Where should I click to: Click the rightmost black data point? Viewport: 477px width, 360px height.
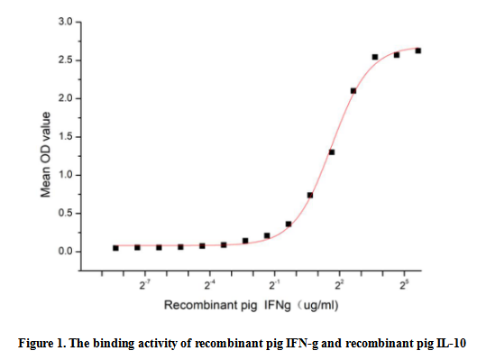coord(418,51)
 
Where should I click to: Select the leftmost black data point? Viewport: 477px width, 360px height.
coord(115,248)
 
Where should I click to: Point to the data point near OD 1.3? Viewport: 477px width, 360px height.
coord(332,152)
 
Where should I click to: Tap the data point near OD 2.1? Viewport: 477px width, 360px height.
coord(353,91)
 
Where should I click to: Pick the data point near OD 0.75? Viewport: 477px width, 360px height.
coord(310,195)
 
